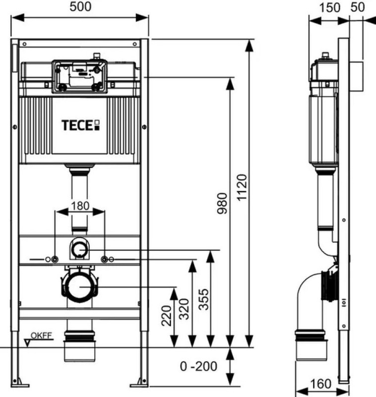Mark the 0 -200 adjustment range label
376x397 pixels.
pyautogui.click(x=198, y=367)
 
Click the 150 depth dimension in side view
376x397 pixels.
pyautogui.click(x=330, y=7)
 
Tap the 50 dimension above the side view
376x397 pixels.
pyautogui.click(x=358, y=7)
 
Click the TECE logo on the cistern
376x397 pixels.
pyautogui.click(x=80, y=124)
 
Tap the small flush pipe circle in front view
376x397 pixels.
pyautogui.click(x=79, y=250)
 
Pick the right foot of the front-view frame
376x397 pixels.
pyautogui.click(x=139, y=383)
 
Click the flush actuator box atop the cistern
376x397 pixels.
pyautogui.click(x=79, y=76)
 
